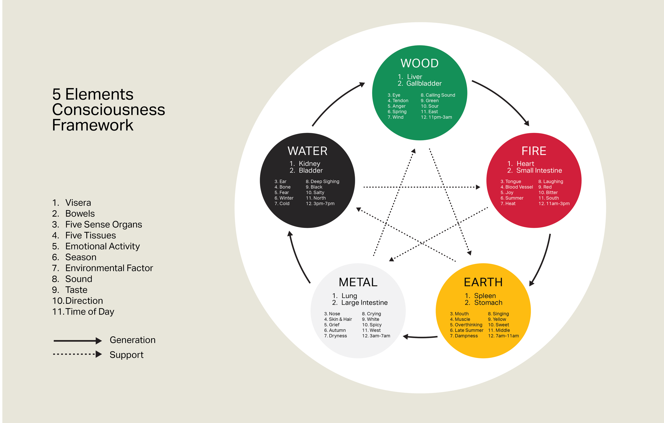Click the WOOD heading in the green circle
[419, 63]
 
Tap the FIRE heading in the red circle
[534, 151]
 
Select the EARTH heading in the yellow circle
[483, 282]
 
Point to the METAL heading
[358, 282]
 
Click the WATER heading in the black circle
[308, 151]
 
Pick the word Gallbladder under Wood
[424, 84]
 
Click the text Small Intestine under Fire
[539, 171]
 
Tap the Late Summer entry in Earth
[469, 330]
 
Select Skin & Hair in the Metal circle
[340, 319]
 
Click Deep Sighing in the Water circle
[325, 182]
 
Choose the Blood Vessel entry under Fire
[519, 187]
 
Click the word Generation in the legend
[133, 340]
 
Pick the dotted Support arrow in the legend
[77, 354]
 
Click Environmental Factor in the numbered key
[109, 268]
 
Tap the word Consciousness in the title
[109, 110]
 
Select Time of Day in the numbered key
[90, 312]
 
